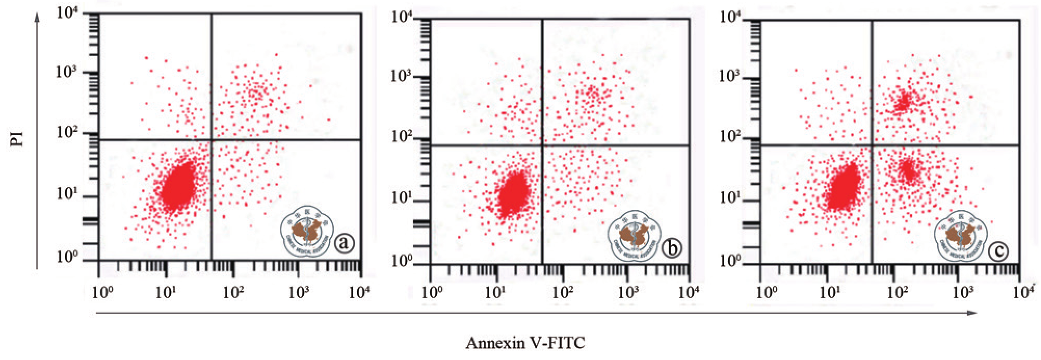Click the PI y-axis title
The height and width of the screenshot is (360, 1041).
pos(17,139)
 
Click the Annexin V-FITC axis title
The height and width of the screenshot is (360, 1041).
pos(525,343)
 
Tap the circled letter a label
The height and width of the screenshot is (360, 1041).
pos(344,243)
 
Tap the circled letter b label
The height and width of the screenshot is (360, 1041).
pos(672,248)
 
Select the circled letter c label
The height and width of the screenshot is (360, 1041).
pos(998,251)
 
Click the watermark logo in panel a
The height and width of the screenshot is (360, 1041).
pos(307,231)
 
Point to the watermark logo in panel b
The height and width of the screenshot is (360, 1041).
pos(634,237)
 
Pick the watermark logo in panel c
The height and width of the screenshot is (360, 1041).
pos(961,237)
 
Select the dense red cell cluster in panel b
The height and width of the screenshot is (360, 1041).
pos(513,194)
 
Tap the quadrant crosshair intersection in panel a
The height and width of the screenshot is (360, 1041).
pos(212,140)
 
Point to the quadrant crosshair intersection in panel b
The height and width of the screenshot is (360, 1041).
pos(543,145)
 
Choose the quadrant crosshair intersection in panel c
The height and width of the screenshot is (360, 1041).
pos(872,145)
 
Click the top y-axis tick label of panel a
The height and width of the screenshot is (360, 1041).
pos(67,12)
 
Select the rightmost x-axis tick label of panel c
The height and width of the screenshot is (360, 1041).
pos(1023,292)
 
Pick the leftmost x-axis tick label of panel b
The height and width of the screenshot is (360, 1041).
pos(432,292)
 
